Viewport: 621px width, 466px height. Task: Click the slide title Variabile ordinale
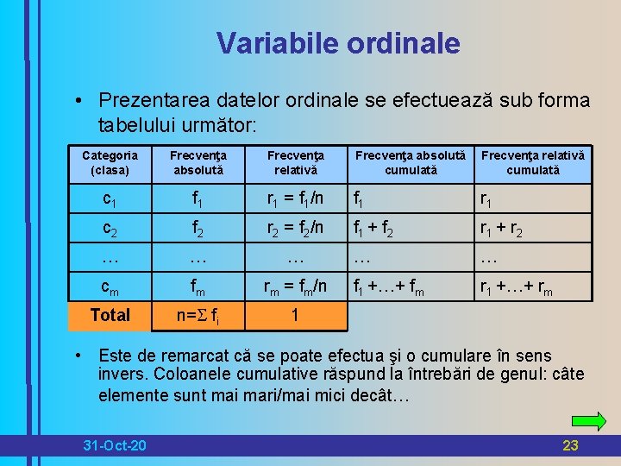click(x=338, y=43)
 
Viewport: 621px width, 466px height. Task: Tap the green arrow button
click(x=589, y=421)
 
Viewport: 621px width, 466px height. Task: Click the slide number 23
click(x=569, y=445)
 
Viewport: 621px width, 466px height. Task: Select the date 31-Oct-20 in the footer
click(x=114, y=445)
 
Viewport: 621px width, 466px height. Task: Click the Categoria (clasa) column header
click(x=110, y=163)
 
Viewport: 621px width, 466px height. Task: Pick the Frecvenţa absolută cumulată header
click(x=411, y=163)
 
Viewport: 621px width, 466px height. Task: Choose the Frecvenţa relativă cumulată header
click(x=532, y=163)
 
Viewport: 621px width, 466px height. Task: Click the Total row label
click(x=110, y=315)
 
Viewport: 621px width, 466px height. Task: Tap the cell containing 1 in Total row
click(x=295, y=315)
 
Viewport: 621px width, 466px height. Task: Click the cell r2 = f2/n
click(x=295, y=230)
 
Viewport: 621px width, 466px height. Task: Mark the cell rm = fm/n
click(x=295, y=287)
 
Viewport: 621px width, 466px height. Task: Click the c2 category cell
click(x=110, y=230)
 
